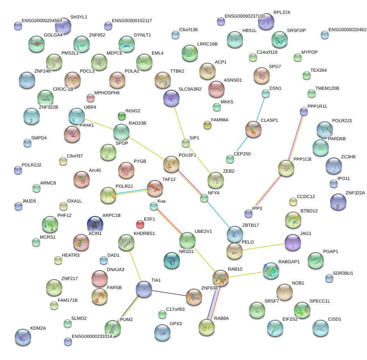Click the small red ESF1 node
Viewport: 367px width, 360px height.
point(140,224)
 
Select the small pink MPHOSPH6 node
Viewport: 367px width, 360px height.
point(90,98)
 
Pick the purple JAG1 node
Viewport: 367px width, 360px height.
point(292,242)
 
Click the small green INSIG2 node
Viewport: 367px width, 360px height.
point(121,116)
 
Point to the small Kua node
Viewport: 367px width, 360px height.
point(153,206)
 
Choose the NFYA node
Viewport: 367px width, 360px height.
point(204,198)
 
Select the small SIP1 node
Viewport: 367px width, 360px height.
point(185,143)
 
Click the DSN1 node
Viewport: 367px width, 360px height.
point(266,93)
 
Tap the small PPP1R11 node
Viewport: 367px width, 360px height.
point(303,111)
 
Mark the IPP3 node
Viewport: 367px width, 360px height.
point(248,213)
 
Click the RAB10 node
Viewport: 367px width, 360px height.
point(221,278)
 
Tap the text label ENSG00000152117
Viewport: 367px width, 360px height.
point(132,21)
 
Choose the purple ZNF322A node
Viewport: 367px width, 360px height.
point(338,201)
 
